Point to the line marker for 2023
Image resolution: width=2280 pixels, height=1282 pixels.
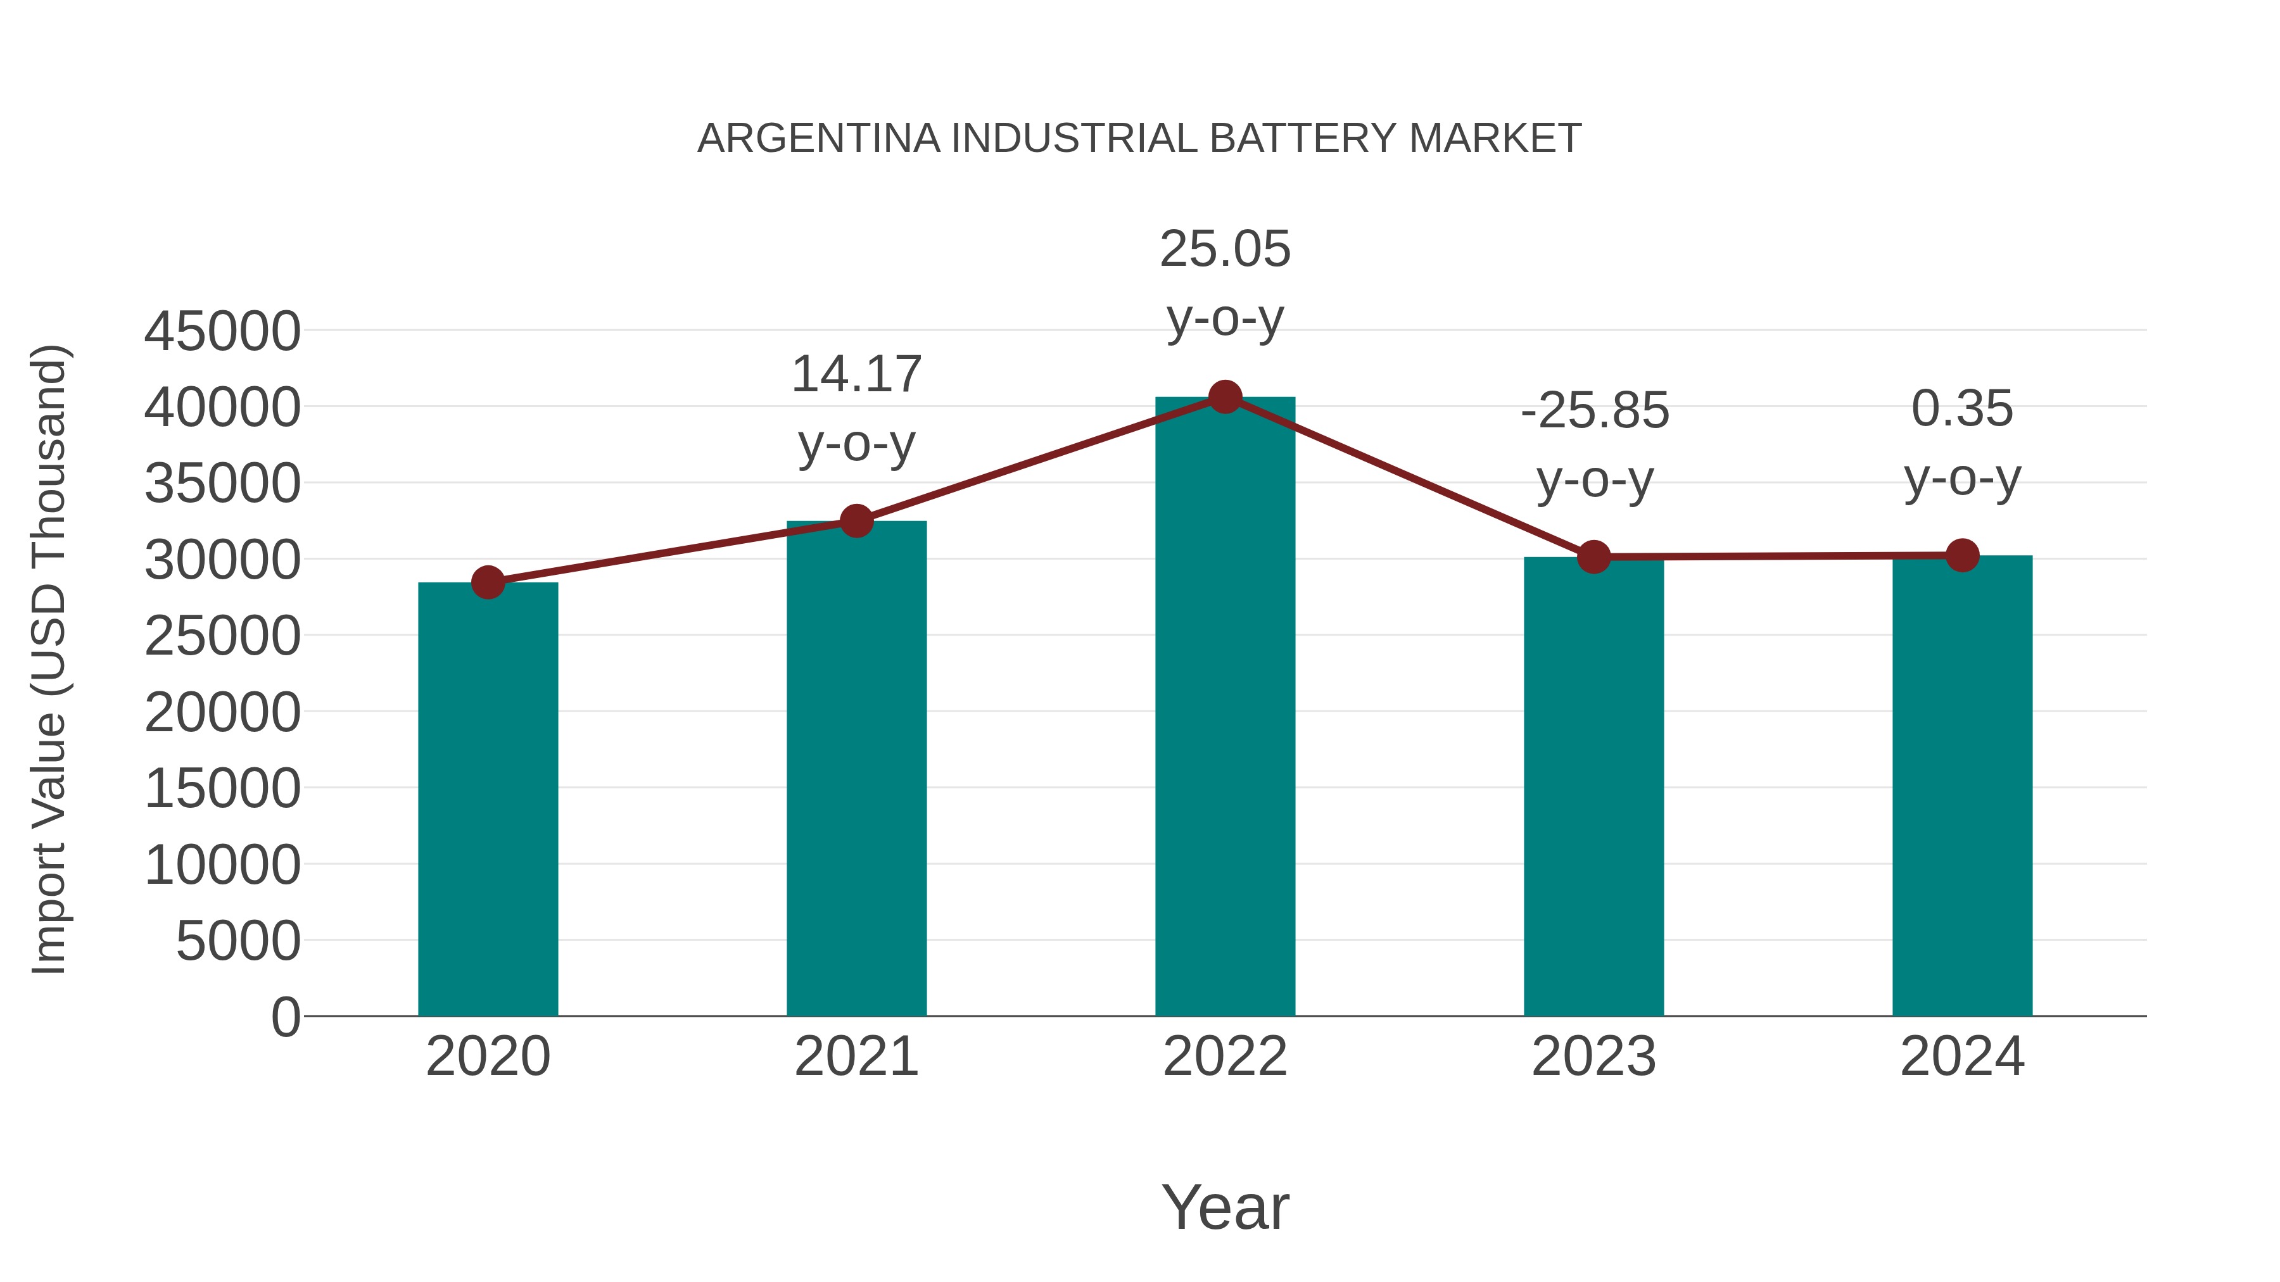tap(1593, 557)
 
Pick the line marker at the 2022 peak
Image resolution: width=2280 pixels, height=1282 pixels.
tap(1225, 397)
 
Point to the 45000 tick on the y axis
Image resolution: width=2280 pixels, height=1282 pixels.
tap(222, 332)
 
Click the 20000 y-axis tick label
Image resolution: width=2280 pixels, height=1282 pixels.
tap(222, 712)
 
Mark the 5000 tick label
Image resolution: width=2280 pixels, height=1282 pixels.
tap(238, 941)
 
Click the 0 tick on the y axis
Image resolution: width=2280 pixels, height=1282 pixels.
tap(286, 1017)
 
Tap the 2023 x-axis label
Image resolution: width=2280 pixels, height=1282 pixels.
tap(1593, 1057)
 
